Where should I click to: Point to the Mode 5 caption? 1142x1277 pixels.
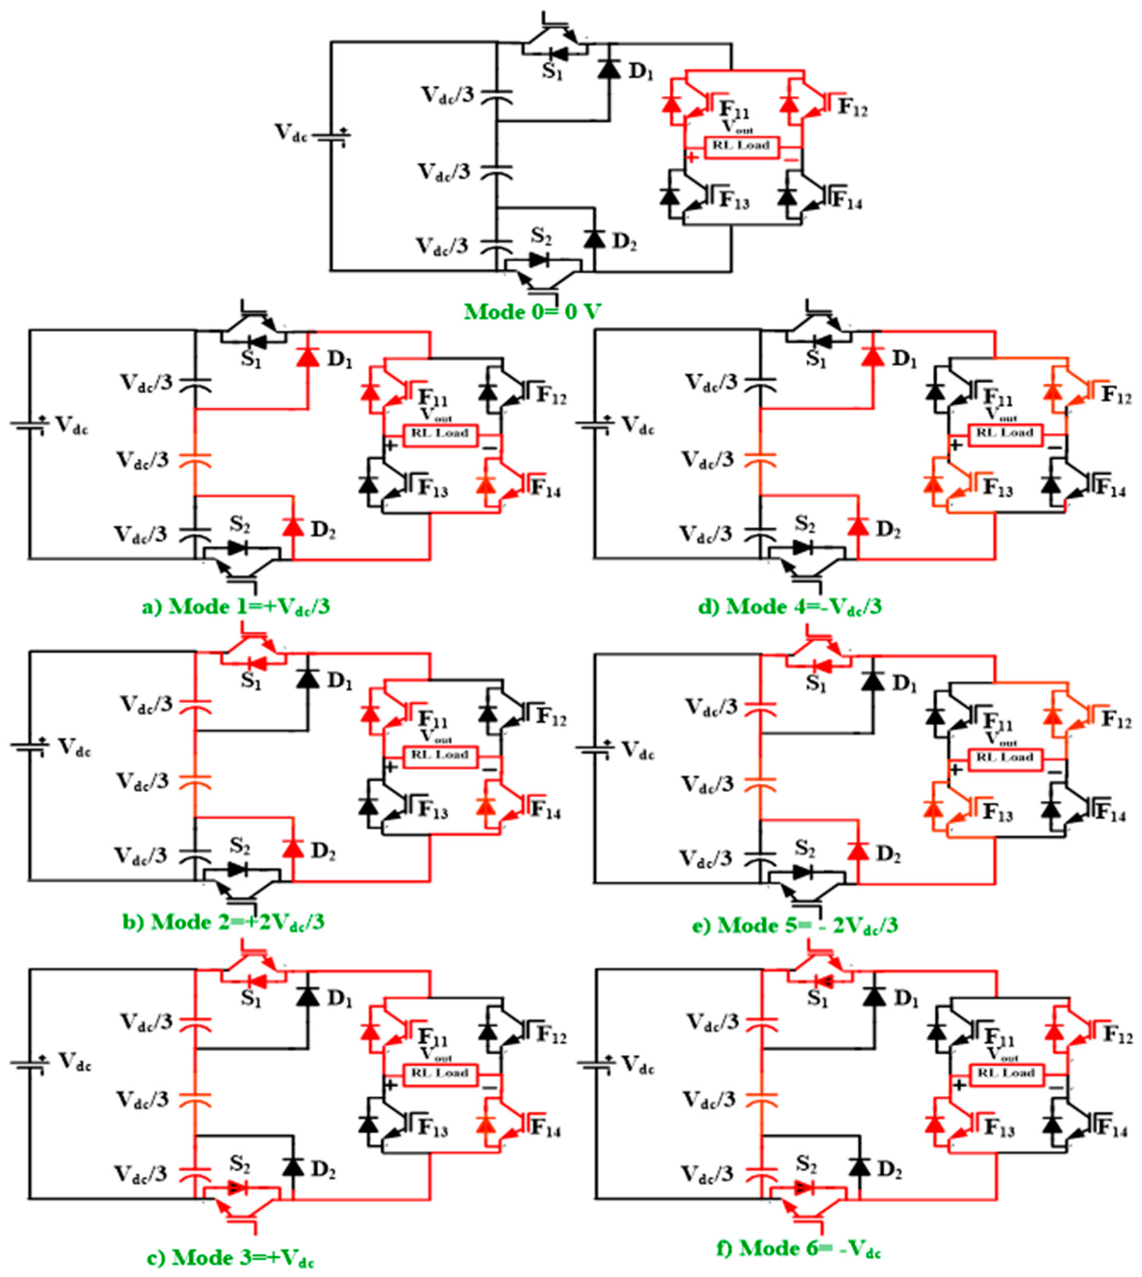795,924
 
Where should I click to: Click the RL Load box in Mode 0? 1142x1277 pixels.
741,145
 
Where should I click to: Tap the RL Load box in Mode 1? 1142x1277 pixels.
439,434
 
